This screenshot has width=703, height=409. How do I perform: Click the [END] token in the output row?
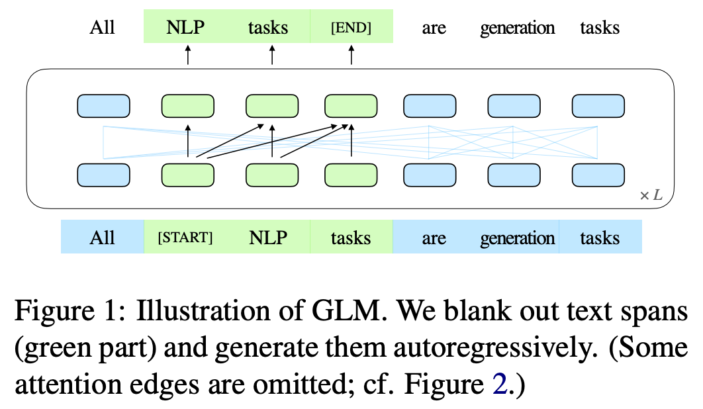[x=351, y=28]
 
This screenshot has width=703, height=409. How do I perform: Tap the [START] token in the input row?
[x=185, y=238]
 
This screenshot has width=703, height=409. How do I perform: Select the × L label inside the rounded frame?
[x=650, y=195]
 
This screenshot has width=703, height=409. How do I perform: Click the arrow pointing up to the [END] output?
[x=351, y=55]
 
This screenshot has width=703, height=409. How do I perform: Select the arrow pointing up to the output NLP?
[x=187, y=55]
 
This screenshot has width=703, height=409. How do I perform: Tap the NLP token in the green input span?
[x=268, y=238]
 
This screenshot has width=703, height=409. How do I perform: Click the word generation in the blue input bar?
[x=517, y=238]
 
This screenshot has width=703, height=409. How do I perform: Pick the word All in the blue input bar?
[x=103, y=238]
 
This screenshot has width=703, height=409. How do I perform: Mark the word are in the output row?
[x=434, y=28]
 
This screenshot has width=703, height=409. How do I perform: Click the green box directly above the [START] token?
[x=188, y=174]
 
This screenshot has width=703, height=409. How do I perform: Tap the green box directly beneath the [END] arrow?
[x=351, y=106]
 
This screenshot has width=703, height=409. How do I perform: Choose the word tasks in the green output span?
[x=268, y=28]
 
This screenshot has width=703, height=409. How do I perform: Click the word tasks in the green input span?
[x=351, y=238]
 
